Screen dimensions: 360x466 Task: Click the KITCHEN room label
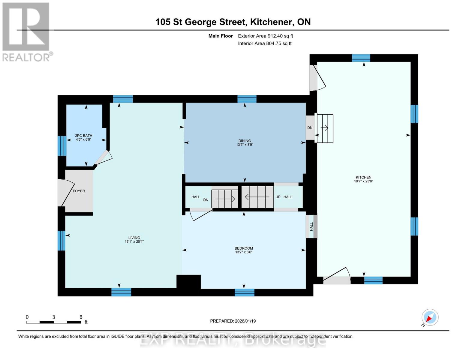pyautogui.click(x=363, y=177)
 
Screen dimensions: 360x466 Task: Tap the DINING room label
pyautogui.click(x=245, y=141)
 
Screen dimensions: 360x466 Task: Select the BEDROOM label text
pyautogui.click(x=244, y=248)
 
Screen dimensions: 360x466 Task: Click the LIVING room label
pyautogui.click(x=134, y=238)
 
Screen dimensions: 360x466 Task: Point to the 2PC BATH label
pyautogui.click(x=83, y=136)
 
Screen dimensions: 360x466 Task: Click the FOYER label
pyautogui.click(x=79, y=191)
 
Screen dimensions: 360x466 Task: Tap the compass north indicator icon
pyautogui.click(x=430, y=317)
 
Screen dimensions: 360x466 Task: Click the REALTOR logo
pyautogui.click(x=26, y=31)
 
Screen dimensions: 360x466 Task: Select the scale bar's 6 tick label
pyautogui.click(x=81, y=317)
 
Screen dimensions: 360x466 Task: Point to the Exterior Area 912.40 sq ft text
pyautogui.click(x=265, y=36)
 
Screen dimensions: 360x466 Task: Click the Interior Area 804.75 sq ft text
pyautogui.click(x=265, y=43)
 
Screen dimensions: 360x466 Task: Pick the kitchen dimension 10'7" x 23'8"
pyautogui.click(x=363, y=181)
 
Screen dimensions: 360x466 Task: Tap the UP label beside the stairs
pyautogui.click(x=278, y=197)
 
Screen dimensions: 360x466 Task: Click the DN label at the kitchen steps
pyautogui.click(x=310, y=127)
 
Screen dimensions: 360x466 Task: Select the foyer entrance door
pyautogui.click(x=67, y=192)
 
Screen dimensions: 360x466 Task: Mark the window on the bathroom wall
pyautogui.click(x=62, y=146)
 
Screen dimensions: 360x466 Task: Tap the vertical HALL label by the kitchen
pyautogui.click(x=311, y=226)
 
